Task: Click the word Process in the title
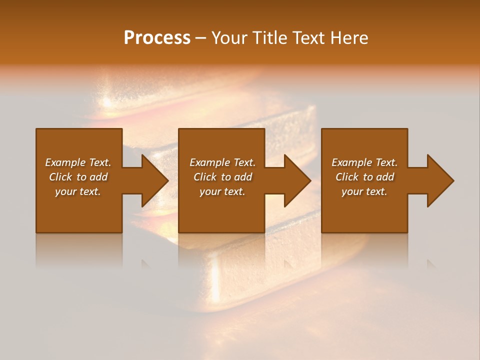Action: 157,38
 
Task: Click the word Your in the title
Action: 230,38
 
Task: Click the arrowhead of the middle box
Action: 297,180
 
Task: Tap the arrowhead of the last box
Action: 440,180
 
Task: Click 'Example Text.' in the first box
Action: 78,162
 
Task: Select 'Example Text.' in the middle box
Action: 222,162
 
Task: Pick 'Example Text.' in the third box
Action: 364,162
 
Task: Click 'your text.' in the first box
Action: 78,191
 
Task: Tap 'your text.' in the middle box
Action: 222,191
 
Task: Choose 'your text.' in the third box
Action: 364,191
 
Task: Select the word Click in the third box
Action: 347,177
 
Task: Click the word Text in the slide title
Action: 305,38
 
